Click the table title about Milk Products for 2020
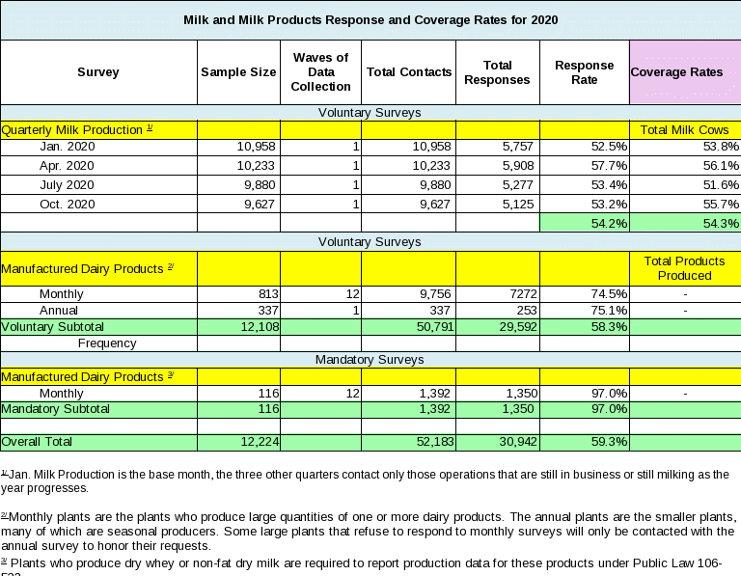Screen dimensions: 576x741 click(370, 19)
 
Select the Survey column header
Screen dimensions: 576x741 click(97, 72)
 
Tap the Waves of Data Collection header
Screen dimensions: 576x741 click(320, 72)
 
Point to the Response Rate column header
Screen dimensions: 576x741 click(584, 72)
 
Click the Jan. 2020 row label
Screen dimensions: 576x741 click(67, 147)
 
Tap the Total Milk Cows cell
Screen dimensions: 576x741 click(684, 129)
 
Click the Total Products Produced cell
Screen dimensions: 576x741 click(684, 268)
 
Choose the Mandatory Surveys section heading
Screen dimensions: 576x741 click(370, 360)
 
